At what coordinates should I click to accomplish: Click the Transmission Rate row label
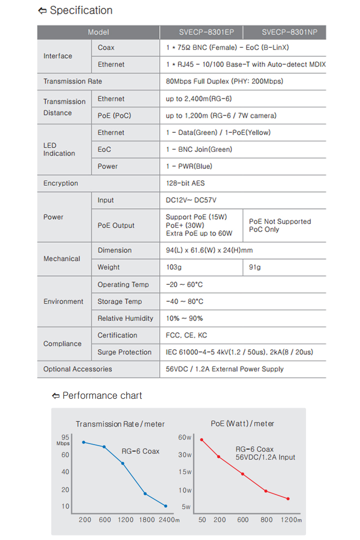click(x=72, y=81)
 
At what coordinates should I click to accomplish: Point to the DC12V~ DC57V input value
click(x=191, y=200)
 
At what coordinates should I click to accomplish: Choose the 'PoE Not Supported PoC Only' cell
click(x=280, y=225)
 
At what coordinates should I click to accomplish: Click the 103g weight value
click(x=174, y=267)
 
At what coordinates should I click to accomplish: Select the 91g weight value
click(x=255, y=267)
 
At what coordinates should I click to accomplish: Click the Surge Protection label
click(x=124, y=352)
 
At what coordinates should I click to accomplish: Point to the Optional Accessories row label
click(x=77, y=369)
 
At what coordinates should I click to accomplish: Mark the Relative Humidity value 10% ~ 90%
click(x=184, y=318)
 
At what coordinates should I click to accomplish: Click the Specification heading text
click(x=81, y=10)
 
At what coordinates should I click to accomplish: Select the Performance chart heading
click(x=102, y=396)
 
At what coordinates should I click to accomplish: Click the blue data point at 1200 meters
click(x=122, y=464)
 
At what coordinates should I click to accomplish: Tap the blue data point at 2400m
click(x=165, y=506)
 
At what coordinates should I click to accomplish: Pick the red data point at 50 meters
click(x=201, y=440)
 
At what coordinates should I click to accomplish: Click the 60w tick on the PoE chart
click(x=185, y=438)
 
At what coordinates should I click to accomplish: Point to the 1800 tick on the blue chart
click(x=146, y=520)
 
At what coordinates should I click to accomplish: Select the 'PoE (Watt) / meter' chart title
click(x=242, y=424)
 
